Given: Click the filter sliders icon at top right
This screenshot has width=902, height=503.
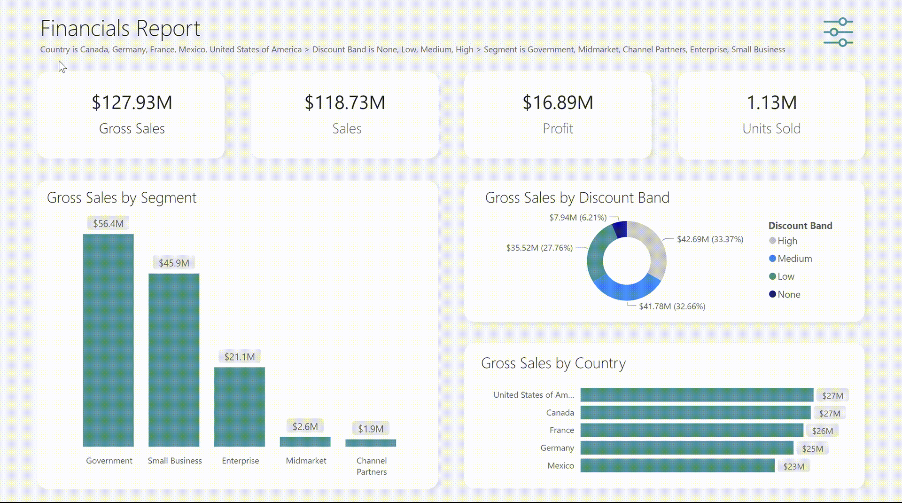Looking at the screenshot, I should (838, 32).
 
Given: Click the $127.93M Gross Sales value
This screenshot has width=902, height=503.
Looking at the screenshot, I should (132, 102).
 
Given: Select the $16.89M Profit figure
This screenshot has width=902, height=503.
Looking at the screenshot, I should (558, 102).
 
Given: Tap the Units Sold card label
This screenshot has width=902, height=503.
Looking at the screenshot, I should (771, 128).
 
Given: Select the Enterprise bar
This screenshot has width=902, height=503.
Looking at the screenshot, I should (240, 407).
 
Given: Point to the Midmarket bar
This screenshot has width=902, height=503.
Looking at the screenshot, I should (305, 442).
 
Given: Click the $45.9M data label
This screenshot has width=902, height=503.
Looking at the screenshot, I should (174, 263).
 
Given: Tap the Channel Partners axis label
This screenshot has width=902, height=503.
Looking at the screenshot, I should (372, 466).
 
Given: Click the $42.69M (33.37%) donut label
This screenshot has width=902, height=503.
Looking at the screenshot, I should (710, 239).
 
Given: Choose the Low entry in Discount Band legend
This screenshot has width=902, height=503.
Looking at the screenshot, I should (785, 276).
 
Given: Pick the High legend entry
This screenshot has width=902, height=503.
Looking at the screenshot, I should (787, 241).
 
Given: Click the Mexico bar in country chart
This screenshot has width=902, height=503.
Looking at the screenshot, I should (677, 465).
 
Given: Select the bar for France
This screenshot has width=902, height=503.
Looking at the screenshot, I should (692, 430).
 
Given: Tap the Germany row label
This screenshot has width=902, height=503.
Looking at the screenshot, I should (557, 448).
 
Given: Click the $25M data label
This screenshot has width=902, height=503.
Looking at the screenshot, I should (812, 448).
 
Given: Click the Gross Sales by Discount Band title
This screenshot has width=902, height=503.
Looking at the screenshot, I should (577, 197).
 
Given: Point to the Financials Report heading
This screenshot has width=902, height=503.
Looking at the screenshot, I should (120, 28).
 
